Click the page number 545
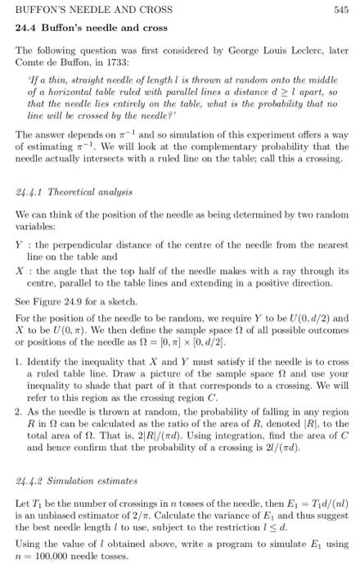[x=341, y=10]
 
